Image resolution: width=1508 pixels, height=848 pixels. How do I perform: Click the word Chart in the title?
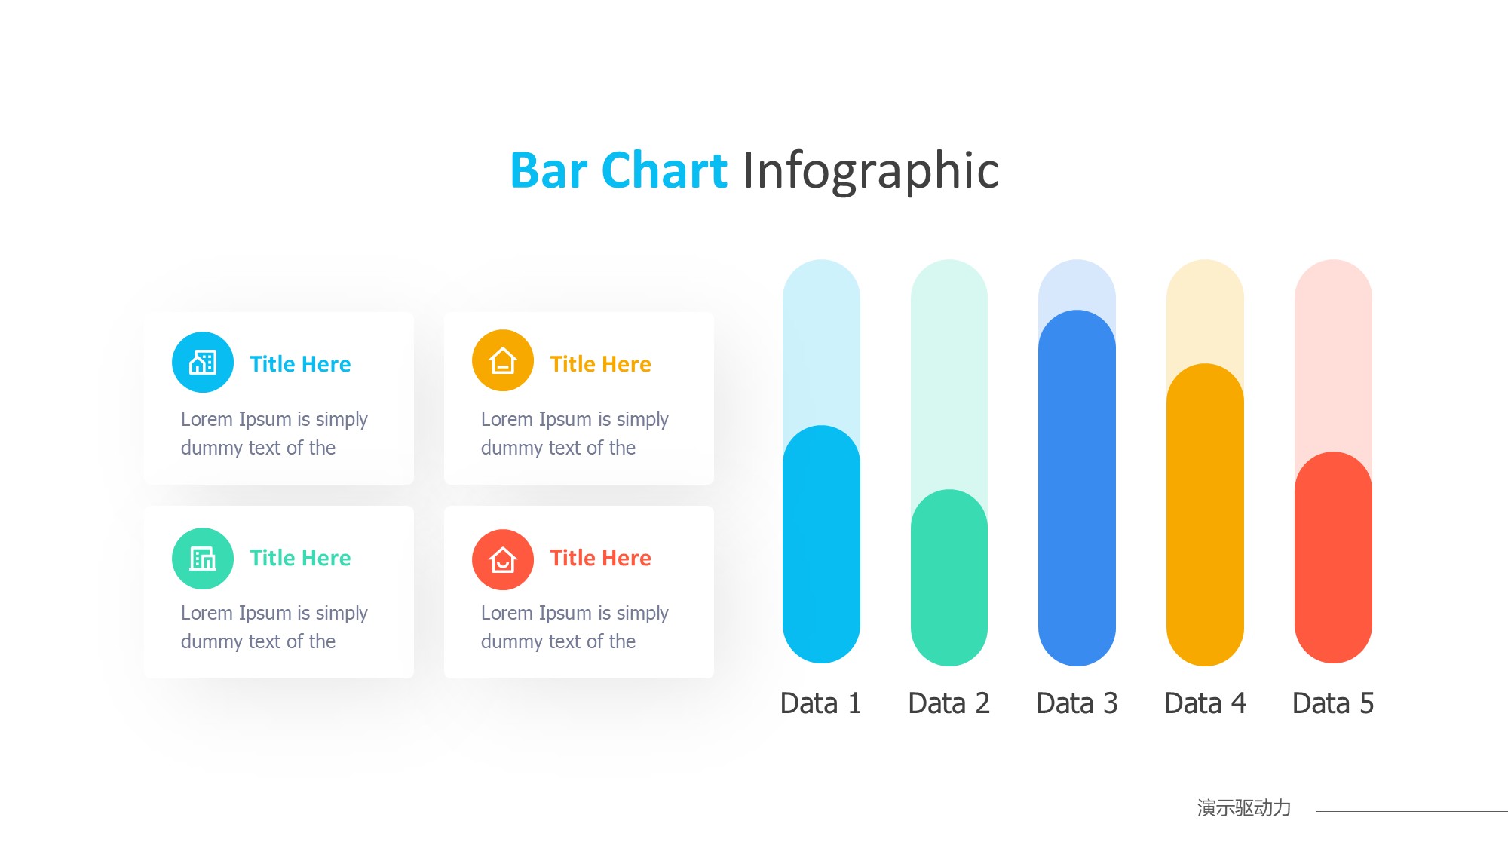[x=664, y=170]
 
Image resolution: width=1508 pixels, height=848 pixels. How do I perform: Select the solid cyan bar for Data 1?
[x=821, y=544]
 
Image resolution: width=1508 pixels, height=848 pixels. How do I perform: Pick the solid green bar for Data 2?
[x=949, y=577]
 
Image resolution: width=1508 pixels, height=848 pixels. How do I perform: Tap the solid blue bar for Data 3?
[x=1077, y=488]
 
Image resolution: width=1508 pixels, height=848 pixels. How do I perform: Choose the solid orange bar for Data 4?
[x=1205, y=515]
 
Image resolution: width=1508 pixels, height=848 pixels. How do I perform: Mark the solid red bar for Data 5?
[x=1333, y=558]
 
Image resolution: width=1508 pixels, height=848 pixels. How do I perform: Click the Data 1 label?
[x=820, y=703]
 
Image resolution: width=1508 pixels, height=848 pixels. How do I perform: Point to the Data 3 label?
[x=1077, y=703]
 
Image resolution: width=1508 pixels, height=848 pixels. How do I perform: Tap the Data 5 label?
[x=1333, y=703]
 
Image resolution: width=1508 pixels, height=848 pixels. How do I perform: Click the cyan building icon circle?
[x=203, y=362]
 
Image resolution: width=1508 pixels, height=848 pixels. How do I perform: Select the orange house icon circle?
[x=503, y=360]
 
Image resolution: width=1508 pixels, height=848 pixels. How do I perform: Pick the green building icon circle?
[x=203, y=559]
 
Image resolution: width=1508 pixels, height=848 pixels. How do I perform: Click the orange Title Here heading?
[x=600, y=364]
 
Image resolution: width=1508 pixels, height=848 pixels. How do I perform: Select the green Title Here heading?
[x=300, y=558]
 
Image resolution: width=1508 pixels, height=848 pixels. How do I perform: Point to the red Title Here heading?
[x=600, y=558]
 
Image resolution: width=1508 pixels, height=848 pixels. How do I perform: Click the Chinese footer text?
[x=1244, y=808]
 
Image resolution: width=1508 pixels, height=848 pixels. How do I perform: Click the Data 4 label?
[x=1205, y=703]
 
